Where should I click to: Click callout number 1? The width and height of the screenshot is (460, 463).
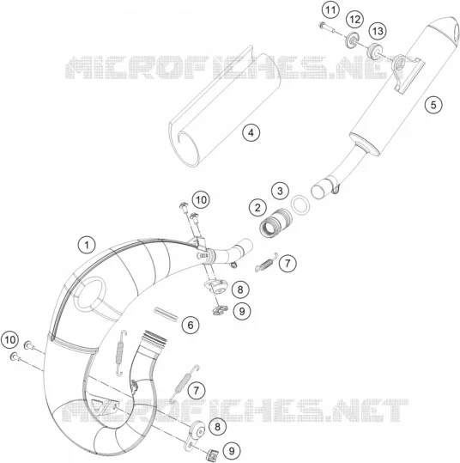tap(87, 245)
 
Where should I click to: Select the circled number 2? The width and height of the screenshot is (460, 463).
tap(257, 208)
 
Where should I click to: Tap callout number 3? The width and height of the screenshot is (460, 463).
tap(280, 191)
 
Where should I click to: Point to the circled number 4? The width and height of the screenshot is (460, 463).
tap(251, 132)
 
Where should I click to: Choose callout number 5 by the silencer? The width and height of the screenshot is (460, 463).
tap(433, 105)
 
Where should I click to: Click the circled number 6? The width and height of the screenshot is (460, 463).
tap(191, 325)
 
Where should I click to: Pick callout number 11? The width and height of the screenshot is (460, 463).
tap(330, 10)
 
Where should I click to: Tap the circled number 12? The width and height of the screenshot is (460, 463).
tap(354, 20)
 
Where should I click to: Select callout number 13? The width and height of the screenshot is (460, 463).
tap(378, 31)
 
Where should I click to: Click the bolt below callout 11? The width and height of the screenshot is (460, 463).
tap(327, 27)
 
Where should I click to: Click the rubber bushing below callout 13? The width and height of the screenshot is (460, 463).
tap(374, 51)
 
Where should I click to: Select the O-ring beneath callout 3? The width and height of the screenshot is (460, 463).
tap(300, 204)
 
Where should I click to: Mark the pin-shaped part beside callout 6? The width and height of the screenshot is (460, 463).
tap(166, 314)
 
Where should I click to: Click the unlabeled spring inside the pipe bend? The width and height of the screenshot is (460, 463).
tap(120, 353)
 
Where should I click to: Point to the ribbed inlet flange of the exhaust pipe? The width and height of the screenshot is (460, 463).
tap(154, 338)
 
